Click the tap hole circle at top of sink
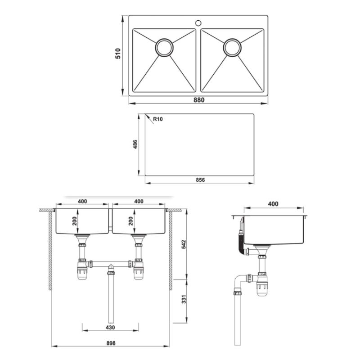point(198,23)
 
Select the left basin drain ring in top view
point(164,48)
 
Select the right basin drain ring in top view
point(232,48)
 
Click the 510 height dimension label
point(118,54)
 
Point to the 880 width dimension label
point(199,100)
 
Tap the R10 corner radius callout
point(158,119)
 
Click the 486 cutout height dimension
point(135,144)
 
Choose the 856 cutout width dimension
point(200,180)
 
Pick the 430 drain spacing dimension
point(110,328)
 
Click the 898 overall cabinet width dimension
point(111,343)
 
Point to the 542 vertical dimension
point(184,244)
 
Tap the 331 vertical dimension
point(184,299)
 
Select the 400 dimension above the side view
point(273,204)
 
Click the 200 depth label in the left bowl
point(75,221)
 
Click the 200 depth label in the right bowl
point(131,221)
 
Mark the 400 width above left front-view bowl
point(82,201)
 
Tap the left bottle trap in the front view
point(82,269)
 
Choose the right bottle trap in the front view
point(139,269)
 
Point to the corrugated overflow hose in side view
point(240,244)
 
